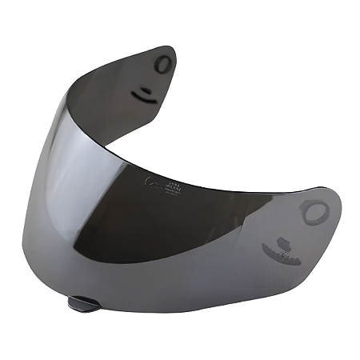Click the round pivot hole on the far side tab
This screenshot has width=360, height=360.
click(163, 65)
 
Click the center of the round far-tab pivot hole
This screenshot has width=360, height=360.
click(163, 65)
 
